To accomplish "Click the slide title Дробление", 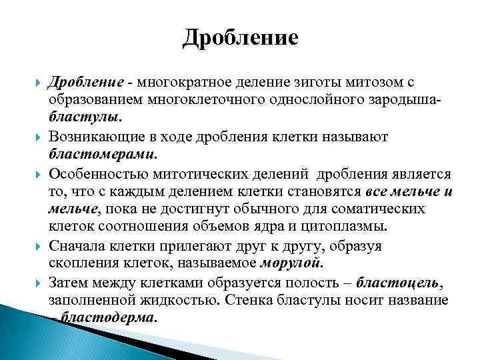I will (x=240, y=37).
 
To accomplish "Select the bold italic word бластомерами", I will (x=103, y=154).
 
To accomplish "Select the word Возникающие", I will (x=91, y=136).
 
